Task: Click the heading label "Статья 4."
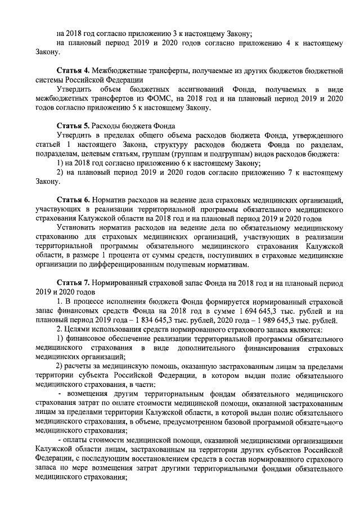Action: point(73,71)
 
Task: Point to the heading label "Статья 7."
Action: point(73,281)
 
